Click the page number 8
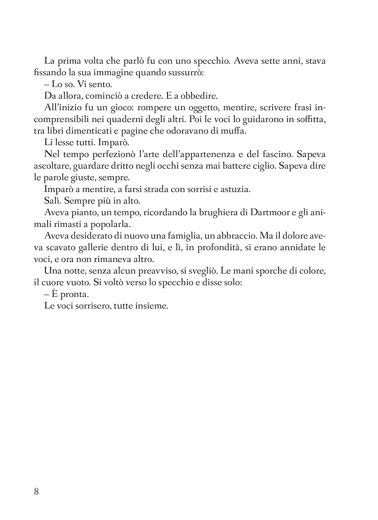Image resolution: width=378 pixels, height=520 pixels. pyautogui.click(x=36, y=491)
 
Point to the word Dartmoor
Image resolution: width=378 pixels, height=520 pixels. pyautogui.click(x=269, y=213)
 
